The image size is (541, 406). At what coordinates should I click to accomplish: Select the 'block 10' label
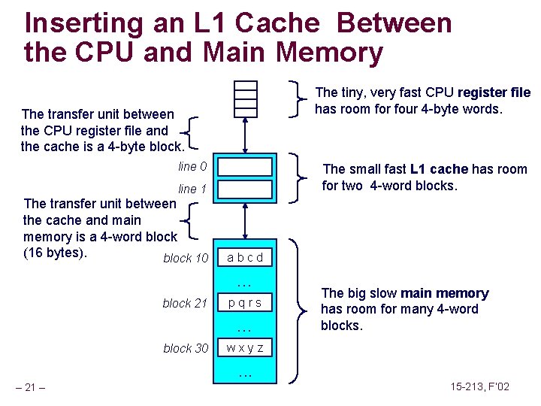[186, 258]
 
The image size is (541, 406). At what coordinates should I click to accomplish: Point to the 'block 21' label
[185, 303]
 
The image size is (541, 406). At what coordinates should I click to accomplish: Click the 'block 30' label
[186, 348]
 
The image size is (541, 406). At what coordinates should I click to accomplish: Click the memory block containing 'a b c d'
[245, 257]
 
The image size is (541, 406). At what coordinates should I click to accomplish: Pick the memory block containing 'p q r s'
[245, 302]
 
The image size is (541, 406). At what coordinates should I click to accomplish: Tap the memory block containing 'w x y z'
[245, 348]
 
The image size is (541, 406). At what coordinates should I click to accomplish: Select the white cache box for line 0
[245, 166]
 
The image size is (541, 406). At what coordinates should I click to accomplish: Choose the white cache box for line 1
[245, 188]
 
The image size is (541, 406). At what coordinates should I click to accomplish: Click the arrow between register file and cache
[246, 136]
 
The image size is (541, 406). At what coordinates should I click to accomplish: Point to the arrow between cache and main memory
[246, 223]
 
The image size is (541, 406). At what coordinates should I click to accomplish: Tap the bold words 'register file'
[494, 92]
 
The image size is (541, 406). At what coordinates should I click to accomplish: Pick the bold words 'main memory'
[445, 293]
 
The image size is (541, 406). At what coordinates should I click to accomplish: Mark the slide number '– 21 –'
[31, 388]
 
